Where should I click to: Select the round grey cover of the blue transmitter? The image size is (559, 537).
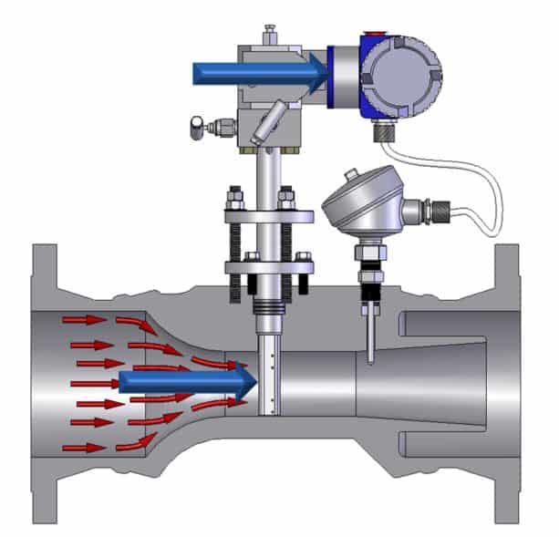[402, 75]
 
